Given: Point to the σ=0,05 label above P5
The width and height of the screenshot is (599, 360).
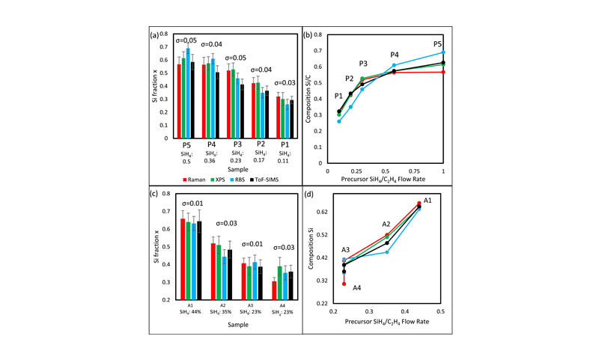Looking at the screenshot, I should pyautogui.click(x=186, y=40).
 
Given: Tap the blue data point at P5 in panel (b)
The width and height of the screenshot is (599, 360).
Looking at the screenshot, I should pyautogui.click(x=443, y=52).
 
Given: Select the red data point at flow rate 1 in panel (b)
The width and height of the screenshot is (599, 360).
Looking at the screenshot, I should pyautogui.click(x=443, y=72).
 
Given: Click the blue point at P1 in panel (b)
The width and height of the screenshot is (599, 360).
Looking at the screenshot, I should pyautogui.click(x=338, y=120).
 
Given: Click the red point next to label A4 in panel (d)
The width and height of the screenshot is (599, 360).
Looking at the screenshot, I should pyautogui.click(x=344, y=284).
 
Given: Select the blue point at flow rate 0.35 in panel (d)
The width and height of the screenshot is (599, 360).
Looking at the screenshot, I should pyautogui.click(x=387, y=251).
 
